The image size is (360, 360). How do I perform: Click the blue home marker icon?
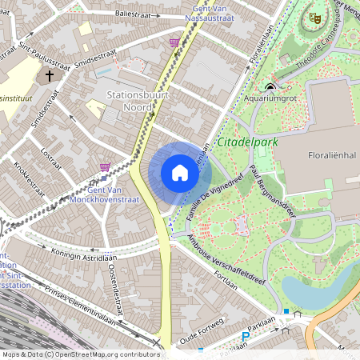point(180,173)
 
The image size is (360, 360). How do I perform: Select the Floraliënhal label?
point(330,155)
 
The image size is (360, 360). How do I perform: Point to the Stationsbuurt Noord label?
point(140,102)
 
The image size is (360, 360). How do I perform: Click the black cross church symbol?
point(50,77)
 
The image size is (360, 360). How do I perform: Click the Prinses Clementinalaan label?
point(79,302)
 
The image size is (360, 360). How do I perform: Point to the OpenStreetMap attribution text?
point(82,354)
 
